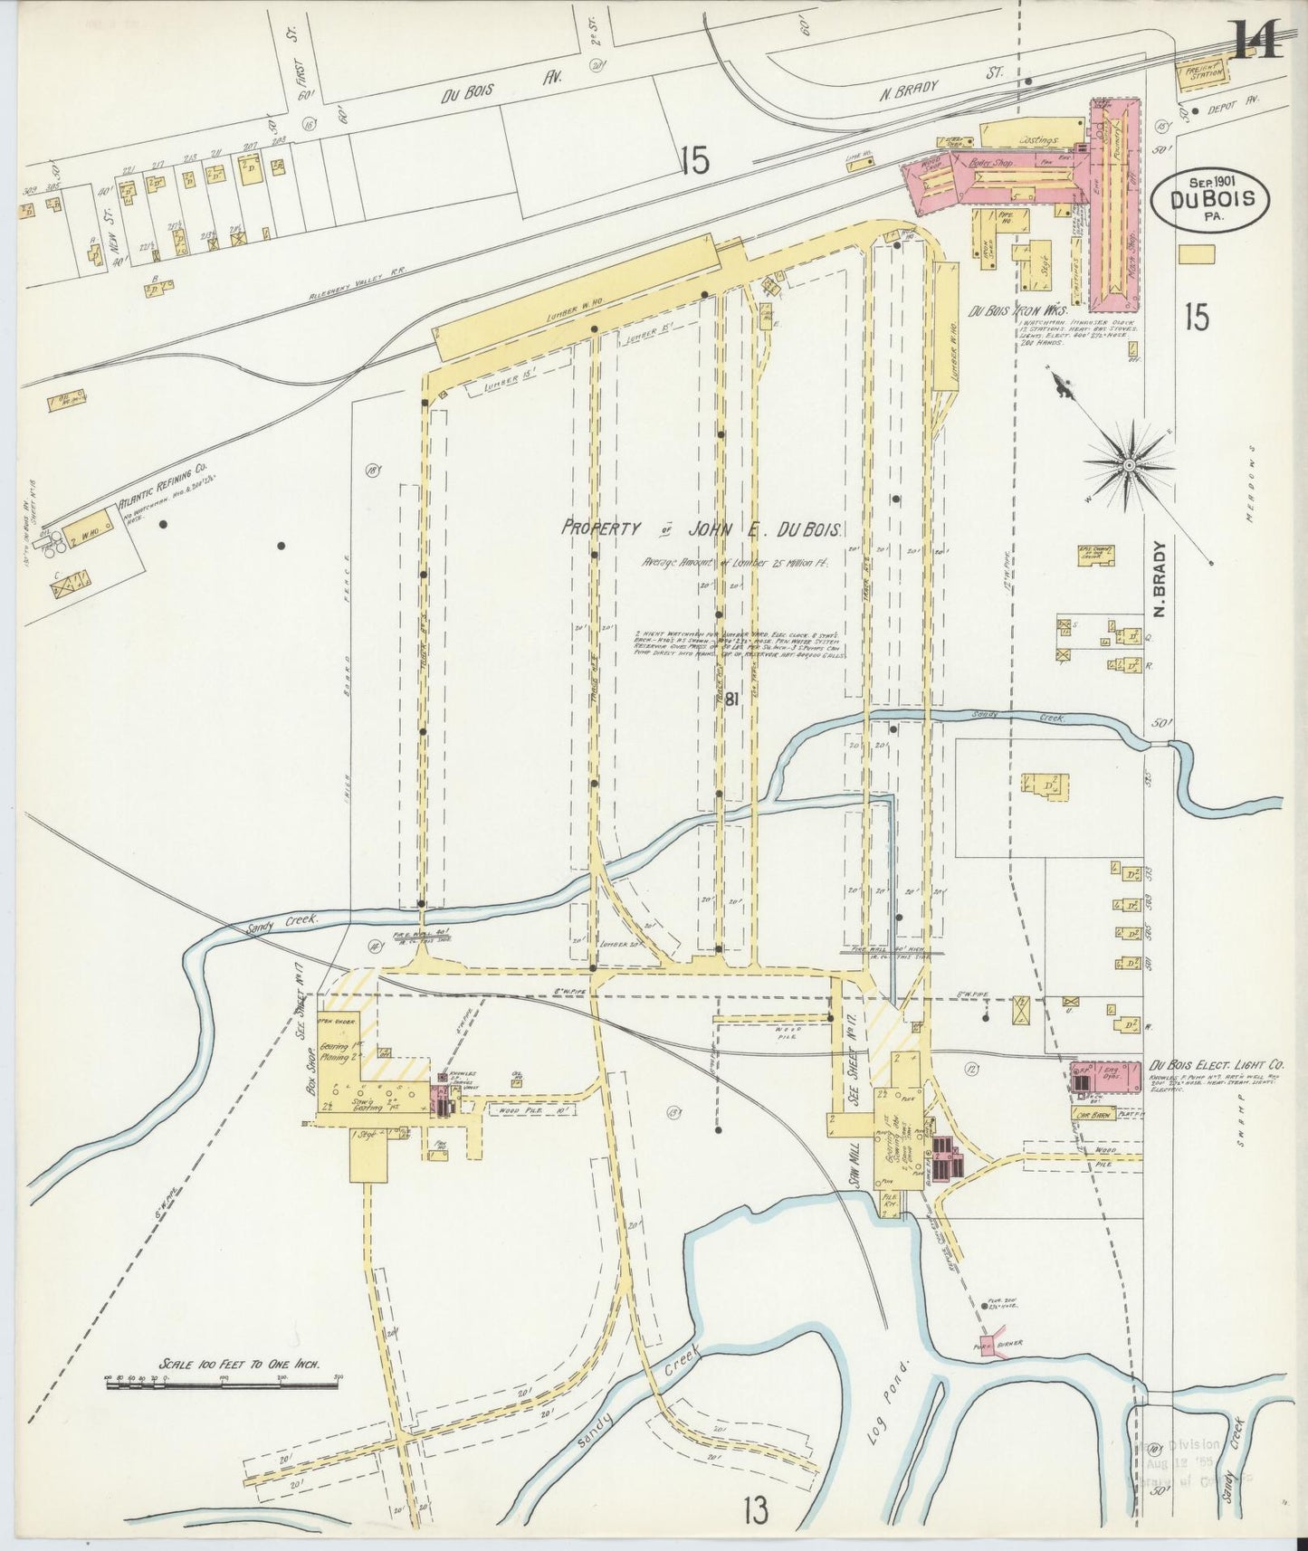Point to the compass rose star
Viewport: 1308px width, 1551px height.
pos(1129,465)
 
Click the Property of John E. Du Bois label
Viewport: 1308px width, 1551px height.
pos(702,530)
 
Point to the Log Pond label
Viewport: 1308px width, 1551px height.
pos(883,1393)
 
